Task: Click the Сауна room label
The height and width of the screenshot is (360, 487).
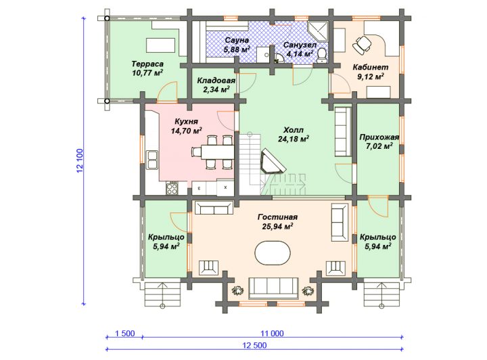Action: (237, 40)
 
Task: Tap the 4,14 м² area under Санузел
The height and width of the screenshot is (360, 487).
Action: (300, 54)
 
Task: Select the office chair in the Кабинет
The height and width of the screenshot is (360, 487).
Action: (362, 44)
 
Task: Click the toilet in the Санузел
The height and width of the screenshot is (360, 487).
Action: (321, 55)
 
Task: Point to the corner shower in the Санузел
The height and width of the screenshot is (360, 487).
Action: (318, 32)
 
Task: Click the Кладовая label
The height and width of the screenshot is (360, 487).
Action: (216, 81)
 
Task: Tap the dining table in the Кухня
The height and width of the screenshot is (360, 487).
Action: (217, 152)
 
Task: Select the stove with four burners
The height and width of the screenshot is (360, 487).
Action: (172, 188)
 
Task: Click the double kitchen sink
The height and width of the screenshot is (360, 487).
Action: (152, 160)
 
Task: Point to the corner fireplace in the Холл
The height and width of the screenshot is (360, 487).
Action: (273, 162)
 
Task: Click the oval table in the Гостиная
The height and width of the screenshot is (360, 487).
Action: (273, 252)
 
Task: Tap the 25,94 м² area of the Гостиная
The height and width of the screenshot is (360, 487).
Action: (278, 227)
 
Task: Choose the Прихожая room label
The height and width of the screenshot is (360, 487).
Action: (379, 137)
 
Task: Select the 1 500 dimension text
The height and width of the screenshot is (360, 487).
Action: (125, 334)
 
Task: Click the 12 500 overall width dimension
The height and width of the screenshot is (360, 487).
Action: (254, 345)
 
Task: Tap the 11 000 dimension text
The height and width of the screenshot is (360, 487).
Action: (272, 334)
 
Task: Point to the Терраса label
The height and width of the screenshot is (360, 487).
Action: (147, 64)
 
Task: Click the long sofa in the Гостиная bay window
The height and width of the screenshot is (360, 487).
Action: (274, 288)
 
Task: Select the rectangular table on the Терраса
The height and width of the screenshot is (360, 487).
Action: (160, 45)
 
